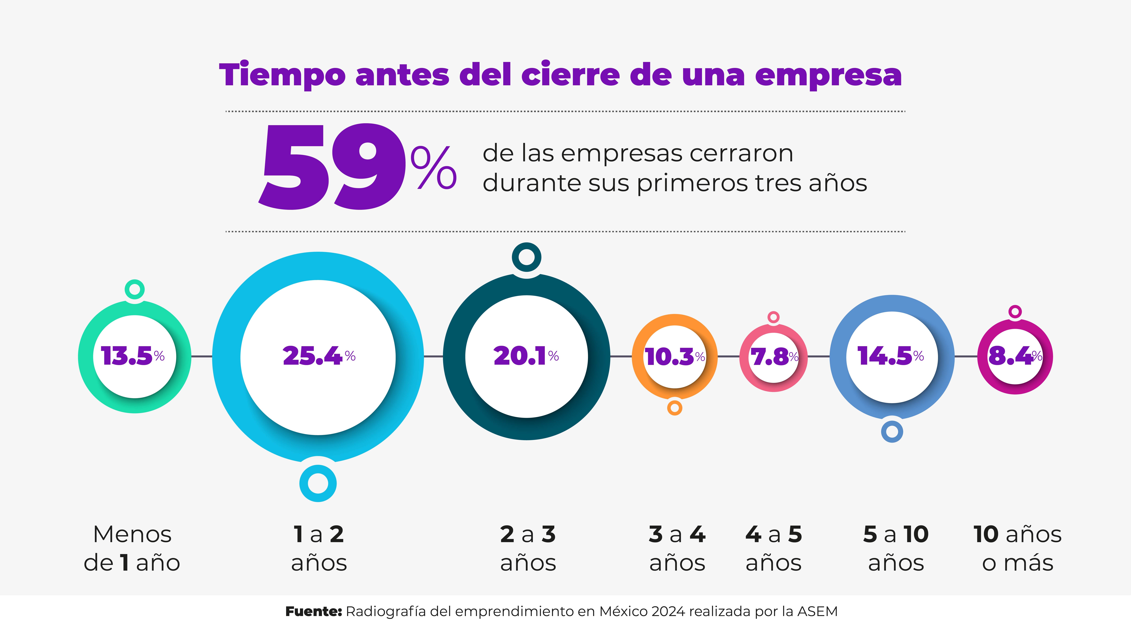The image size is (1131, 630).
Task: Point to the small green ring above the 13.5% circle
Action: tap(135, 289)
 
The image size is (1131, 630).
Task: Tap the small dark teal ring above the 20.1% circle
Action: tap(526, 257)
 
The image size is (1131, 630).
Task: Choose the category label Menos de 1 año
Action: tap(132, 548)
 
